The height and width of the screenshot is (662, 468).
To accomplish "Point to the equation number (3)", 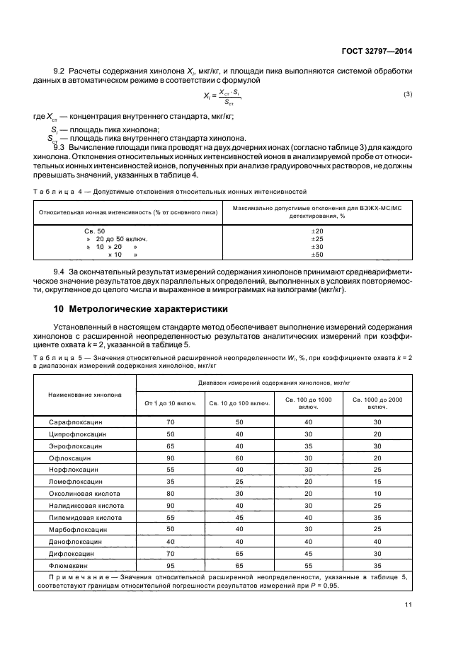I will (x=408, y=94).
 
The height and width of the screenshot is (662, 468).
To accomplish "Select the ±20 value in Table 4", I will (x=317, y=231).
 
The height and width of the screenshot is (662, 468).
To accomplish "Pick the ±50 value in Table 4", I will (x=317, y=255).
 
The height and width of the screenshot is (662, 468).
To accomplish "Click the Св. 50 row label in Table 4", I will (x=94, y=231).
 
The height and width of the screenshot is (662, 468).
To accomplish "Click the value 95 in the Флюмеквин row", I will (x=170, y=566).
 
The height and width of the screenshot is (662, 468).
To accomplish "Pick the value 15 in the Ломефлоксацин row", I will (x=377, y=482).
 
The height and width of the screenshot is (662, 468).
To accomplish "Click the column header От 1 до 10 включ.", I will (x=170, y=403).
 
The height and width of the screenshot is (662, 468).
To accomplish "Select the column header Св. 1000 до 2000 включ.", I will (x=377, y=403).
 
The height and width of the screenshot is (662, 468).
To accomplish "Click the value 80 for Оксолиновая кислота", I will (x=170, y=494).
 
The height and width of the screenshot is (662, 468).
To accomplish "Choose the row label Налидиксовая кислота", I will (x=85, y=506).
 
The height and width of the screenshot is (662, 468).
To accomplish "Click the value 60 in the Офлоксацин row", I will (x=239, y=458).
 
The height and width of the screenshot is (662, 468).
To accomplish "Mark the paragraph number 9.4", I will (x=59, y=272).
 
